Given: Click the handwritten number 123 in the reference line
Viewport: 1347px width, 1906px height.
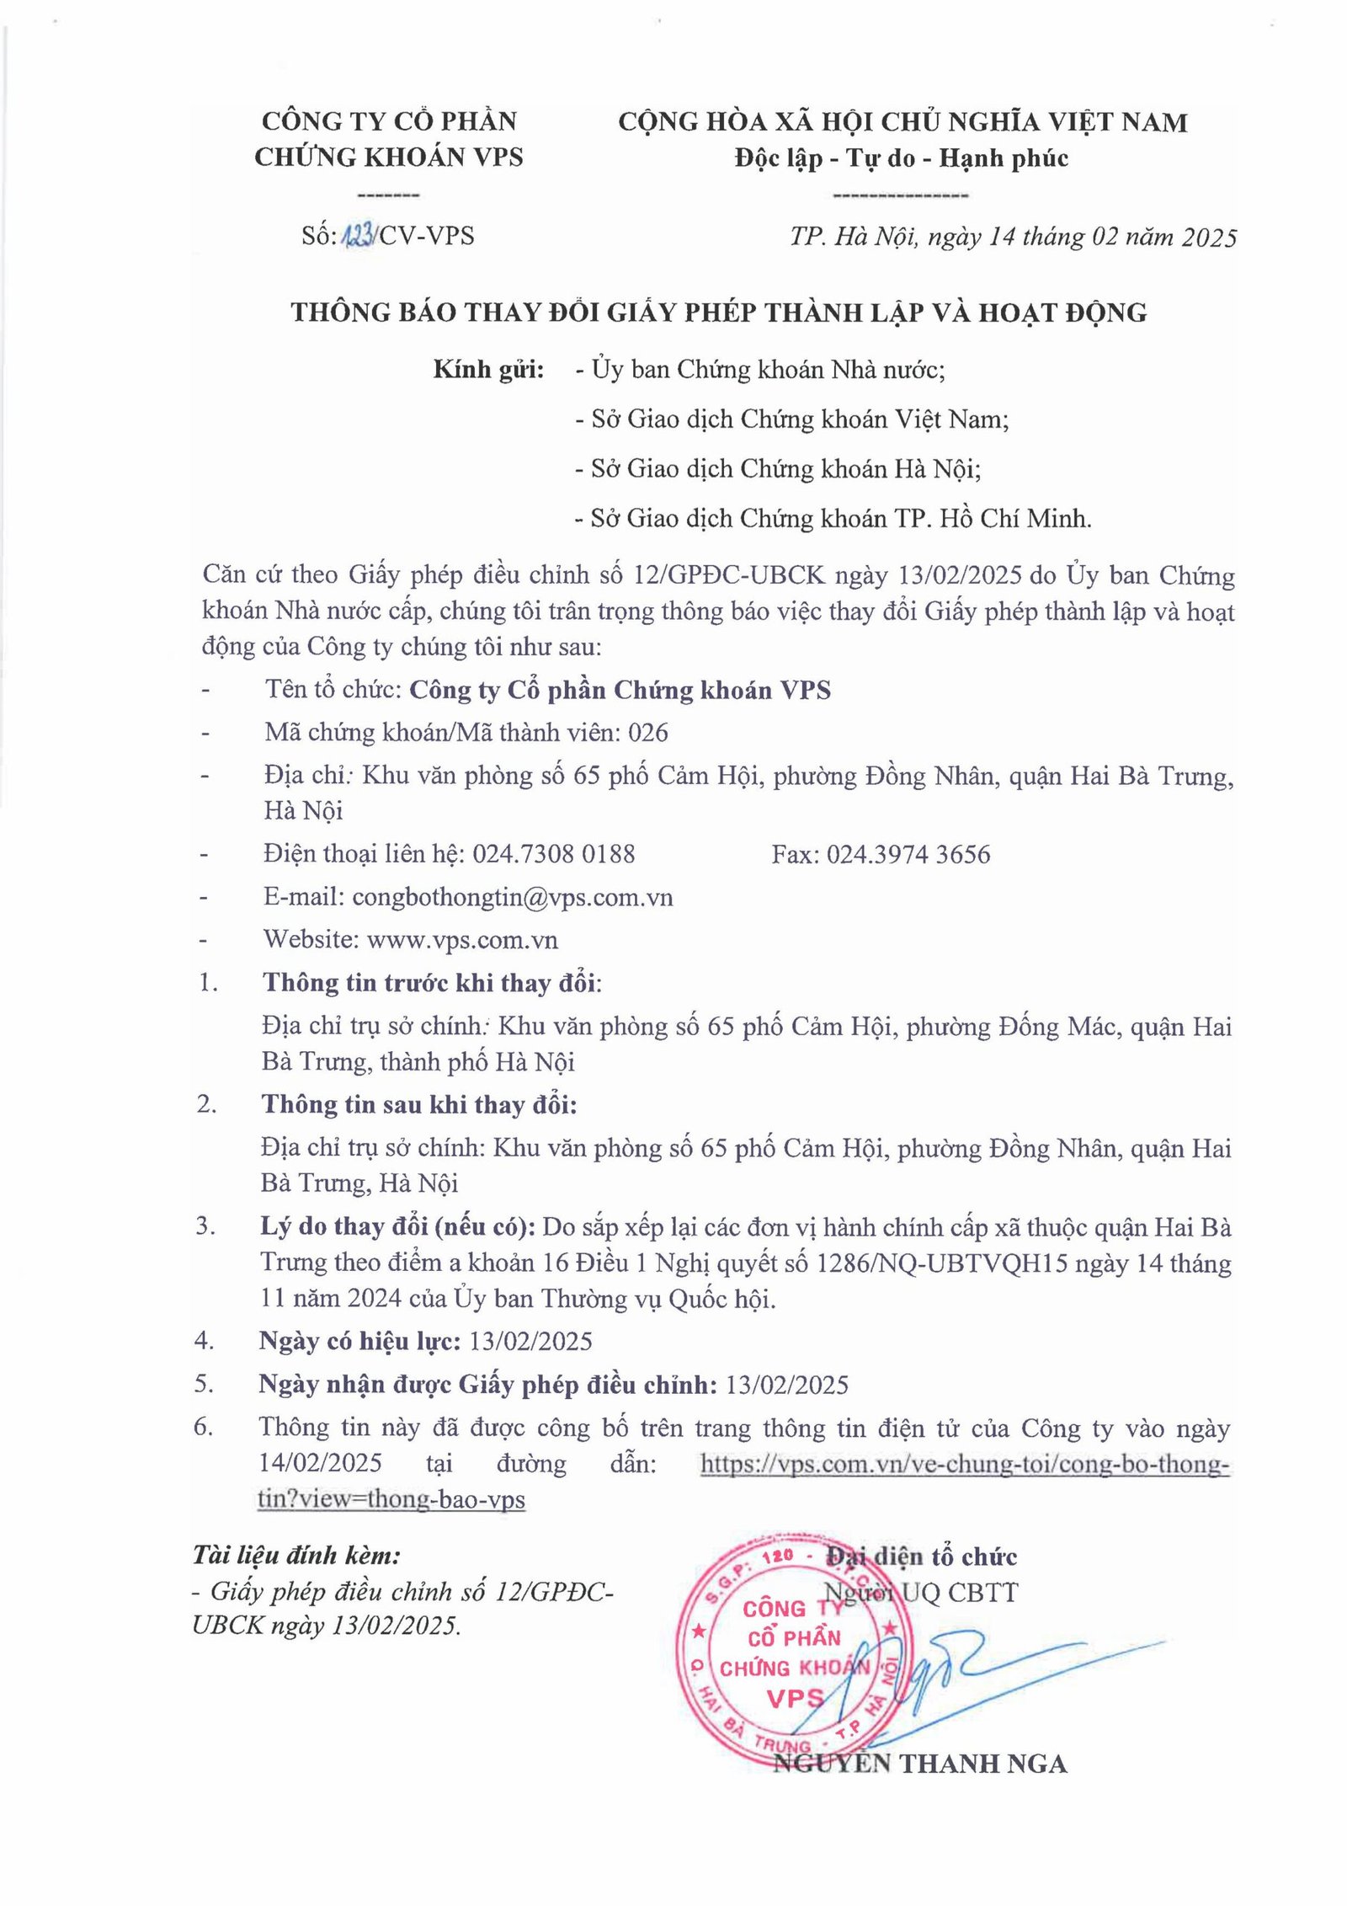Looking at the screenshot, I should (358, 236).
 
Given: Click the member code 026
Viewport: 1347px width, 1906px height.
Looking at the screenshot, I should (648, 733).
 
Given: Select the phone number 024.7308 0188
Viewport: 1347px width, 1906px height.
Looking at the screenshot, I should (553, 854).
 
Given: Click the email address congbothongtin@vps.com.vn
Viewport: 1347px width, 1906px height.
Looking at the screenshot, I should (512, 897).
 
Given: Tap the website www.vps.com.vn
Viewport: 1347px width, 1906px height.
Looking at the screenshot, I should (462, 939).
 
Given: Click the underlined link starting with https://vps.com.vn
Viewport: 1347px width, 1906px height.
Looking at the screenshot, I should (965, 1465).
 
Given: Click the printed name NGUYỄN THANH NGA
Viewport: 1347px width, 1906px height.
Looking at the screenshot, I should (919, 1764).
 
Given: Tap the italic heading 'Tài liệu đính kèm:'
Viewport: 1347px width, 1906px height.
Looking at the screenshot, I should (296, 1555).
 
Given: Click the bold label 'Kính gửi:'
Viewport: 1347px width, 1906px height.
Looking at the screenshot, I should (488, 370).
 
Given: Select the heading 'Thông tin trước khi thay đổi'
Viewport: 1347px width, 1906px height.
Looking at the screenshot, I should (431, 983).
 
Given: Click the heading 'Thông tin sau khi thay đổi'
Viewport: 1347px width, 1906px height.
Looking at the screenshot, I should (418, 1104).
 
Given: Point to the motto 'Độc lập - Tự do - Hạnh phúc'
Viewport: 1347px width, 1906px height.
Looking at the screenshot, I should (901, 158).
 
